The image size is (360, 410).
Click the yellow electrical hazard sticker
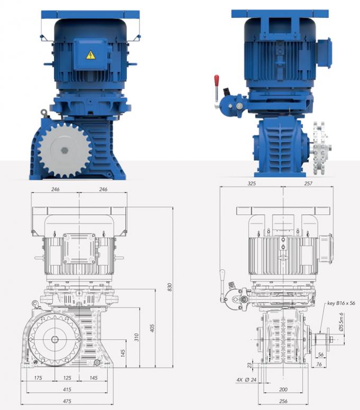point(90,54)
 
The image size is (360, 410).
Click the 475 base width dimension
point(67,401)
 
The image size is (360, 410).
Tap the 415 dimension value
point(67,389)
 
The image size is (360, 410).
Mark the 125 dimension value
point(67,378)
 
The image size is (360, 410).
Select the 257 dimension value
point(308,183)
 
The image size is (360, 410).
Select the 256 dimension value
point(283,401)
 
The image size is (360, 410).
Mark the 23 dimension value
point(249,365)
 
